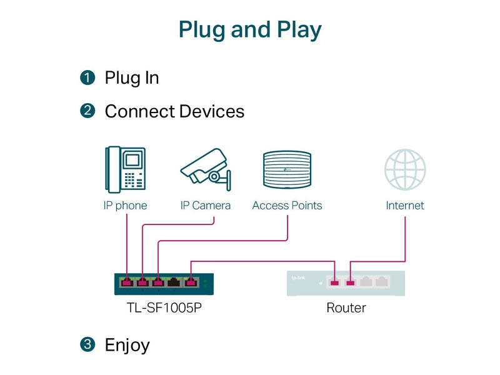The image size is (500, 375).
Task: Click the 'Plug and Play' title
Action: [250, 30]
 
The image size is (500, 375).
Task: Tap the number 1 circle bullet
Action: [87, 77]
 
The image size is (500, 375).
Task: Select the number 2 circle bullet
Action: [87, 111]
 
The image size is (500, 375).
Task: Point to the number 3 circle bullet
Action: [87, 344]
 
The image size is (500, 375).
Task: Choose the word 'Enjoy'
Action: [127, 346]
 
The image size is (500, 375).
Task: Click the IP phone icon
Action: [126, 169]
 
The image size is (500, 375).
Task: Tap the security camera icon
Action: [206, 169]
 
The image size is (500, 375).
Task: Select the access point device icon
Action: [287, 169]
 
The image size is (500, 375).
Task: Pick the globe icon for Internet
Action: [405, 169]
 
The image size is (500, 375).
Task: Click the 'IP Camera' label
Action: [206, 206]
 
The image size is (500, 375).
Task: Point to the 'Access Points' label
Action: [287, 206]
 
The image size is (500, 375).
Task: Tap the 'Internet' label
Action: [405, 206]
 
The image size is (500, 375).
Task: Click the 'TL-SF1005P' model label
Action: [164, 307]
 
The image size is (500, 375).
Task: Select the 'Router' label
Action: [346, 307]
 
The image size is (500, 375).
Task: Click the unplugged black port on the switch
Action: [174, 282]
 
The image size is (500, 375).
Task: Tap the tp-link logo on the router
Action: [298, 278]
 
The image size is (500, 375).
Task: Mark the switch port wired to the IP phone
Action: [127, 282]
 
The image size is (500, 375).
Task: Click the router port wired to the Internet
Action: [350, 282]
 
